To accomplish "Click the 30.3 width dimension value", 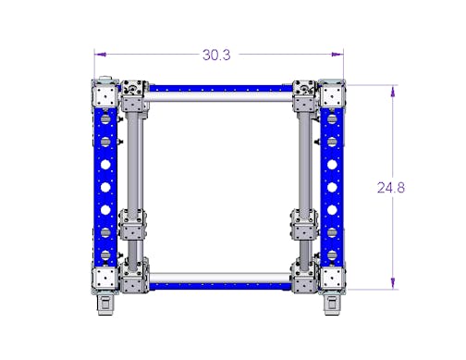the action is (x=216, y=55).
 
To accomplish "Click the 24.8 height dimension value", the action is (x=391, y=188).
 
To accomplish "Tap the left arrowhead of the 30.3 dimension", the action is (x=101, y=55).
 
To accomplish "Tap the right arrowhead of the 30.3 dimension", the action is (x=337, y=55).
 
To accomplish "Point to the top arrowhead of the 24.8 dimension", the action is (x=393, y=92).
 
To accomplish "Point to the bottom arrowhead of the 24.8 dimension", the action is (x=393, y=283).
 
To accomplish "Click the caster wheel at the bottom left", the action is (x=106, y=304).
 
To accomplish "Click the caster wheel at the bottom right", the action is (x=332, y=304).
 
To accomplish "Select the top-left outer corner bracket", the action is (x=105, y=93).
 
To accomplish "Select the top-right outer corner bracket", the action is (x=332, y=93).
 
